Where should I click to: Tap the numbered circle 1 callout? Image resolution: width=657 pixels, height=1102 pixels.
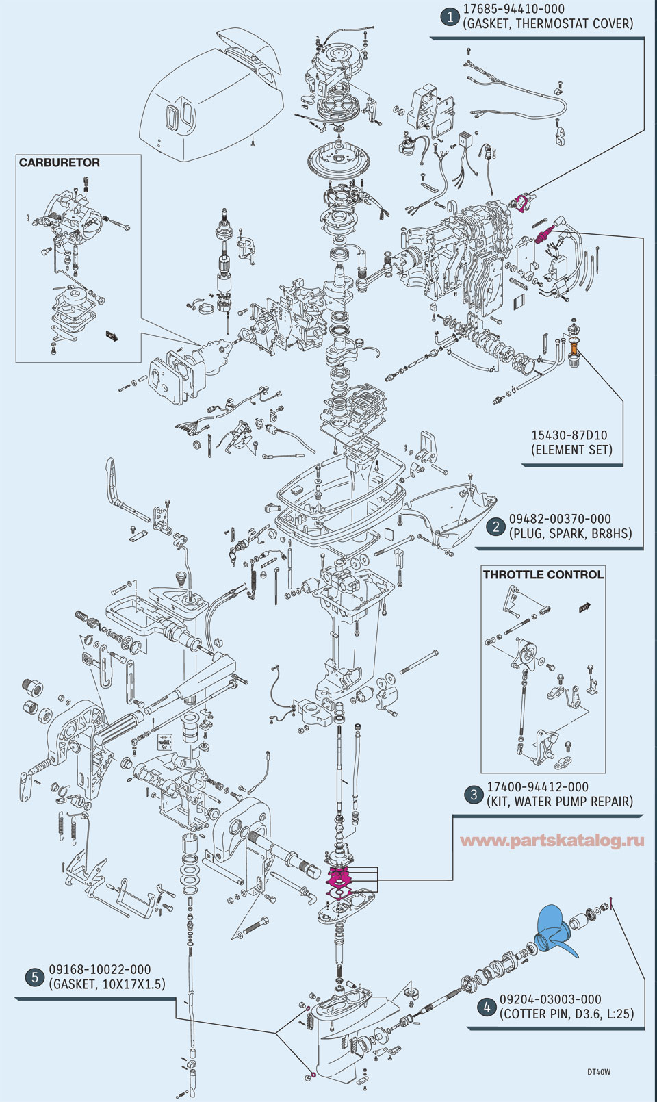click(449, 16)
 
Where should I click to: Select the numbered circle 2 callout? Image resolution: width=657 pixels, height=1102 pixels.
click(495, 526)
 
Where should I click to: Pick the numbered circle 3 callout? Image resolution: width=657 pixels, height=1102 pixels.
click(473, 795)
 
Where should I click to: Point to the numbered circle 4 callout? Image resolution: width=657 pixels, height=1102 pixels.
click(486, 1007)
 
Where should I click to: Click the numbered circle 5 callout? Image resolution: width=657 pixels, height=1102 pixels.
click(35, 977)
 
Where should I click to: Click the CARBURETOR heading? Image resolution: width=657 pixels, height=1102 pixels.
click(60, 163)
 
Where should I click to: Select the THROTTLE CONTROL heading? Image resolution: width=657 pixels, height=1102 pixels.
click(543, 574)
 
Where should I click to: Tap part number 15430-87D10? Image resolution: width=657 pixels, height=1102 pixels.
click(569, 435)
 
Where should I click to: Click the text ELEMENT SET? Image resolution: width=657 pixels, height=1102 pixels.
click(571, 450)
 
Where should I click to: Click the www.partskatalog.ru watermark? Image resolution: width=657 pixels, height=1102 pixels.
click(552, 841)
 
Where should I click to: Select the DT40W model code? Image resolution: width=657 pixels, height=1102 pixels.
click(598, 1072)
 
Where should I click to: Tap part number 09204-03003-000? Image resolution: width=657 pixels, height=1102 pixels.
click(550, 999)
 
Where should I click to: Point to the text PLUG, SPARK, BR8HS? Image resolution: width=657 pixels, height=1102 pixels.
click(570, 533)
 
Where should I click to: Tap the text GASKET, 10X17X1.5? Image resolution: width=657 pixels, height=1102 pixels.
click(107, 984)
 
